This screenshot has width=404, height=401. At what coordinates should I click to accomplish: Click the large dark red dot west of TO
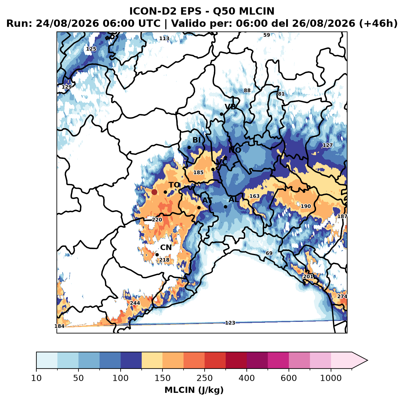(x=154, y=192)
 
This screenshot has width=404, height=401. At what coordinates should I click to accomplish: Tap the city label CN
(x=166, y=248)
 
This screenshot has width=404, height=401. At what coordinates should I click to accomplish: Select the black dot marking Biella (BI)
(x=189, y=147)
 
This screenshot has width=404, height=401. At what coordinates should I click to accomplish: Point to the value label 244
(x=135, y=303)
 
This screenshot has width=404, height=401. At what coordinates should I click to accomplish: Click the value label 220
(x=157, y=220)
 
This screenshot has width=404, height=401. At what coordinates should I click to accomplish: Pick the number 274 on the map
(x=342, y=296)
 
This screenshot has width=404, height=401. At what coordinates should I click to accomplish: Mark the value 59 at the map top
(x=267, y=35)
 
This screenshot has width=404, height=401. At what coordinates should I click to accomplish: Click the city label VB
(x=230, y=107)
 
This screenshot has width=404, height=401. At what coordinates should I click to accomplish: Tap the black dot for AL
(x=225, y=207)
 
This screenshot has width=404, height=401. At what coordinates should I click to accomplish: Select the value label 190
(x=306, y=206)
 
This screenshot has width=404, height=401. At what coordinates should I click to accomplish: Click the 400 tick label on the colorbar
(x=247, y=378)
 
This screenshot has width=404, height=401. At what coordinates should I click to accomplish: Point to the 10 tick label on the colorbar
(x=36, y=378)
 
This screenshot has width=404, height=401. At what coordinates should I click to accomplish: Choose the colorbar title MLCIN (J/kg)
(x=194, y=390)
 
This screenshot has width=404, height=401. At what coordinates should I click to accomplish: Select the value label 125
(x=91, y=49)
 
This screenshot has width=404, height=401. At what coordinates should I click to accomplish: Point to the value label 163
(x=254, y=196)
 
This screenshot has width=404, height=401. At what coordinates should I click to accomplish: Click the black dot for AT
(x=199, y=208)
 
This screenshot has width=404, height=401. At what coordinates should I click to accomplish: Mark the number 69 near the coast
(x=269, y=253)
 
